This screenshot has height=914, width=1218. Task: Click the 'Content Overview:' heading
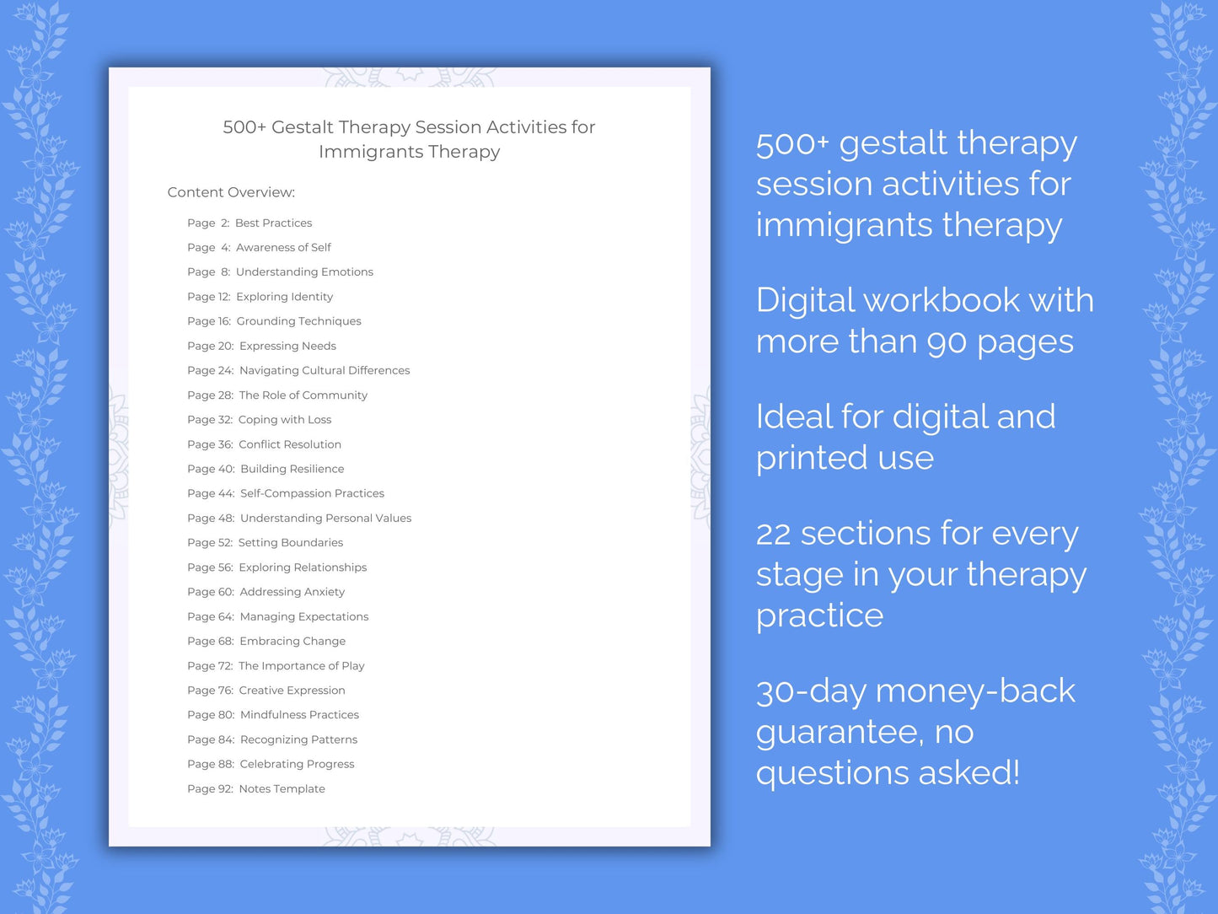tap(231, 192)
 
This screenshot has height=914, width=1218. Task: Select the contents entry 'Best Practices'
tap(273, 223)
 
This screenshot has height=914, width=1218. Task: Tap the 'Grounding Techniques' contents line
tap(298, 321)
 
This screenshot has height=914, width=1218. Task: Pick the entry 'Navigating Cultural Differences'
tap(325, 370)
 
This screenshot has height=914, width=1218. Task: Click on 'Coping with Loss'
tap(285, 420)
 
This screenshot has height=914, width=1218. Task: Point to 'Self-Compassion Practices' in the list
tap(312, 493)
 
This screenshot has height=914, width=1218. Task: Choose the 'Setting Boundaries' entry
tap(291, 543)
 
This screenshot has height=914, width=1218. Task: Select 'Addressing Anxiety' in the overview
tap(292, 592)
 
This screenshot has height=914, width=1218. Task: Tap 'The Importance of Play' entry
tap(302, 666)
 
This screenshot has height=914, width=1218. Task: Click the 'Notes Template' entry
tap(282, 789)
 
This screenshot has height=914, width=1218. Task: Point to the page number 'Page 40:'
tap(211, 469)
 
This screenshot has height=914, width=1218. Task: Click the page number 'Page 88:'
tap(211, 764)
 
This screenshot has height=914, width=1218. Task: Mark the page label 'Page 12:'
tap(208, 297)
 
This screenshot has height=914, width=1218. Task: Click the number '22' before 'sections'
tap(773, 534)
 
